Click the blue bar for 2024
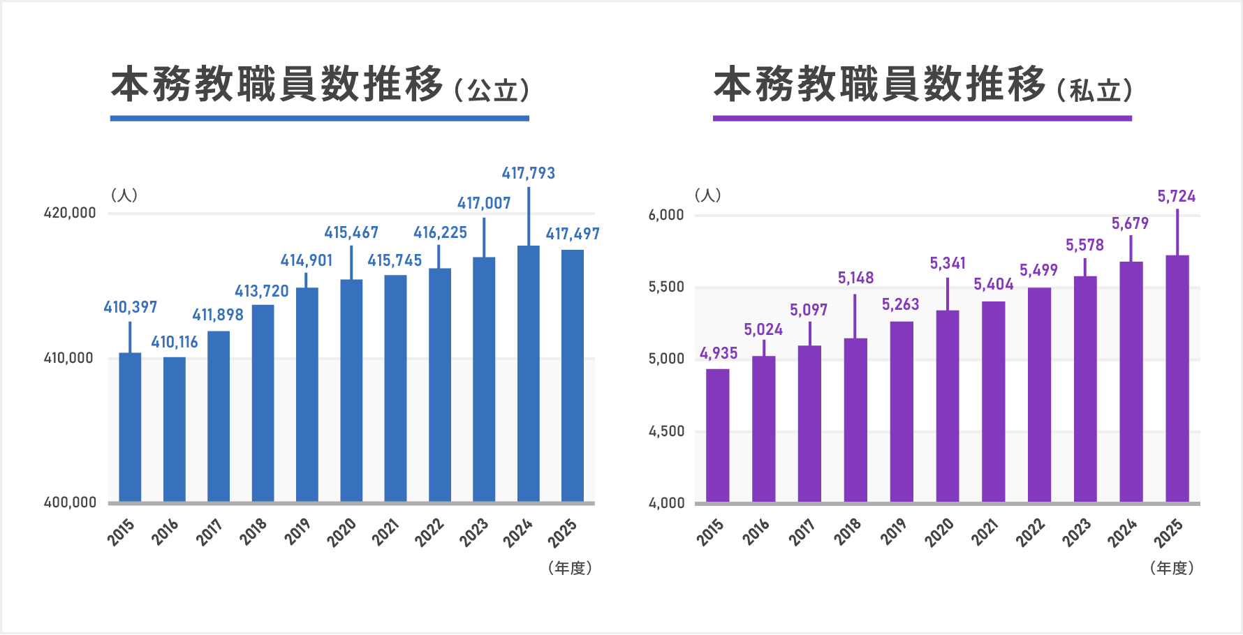pyautogui.click(x=528, y=373)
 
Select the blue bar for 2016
pyautogui.click(x=175, y=429)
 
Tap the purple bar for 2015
pyautogui.click(x=717, y=435)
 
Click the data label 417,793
pyautogui.click(x=528, y=173)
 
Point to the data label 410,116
pyautogui.click(x=175, y=342)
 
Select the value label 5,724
pyautogui.click(x=1176, y=197)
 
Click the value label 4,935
pyautogui.click(x=719, y=353)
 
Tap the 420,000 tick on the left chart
pyautogui.click(x=70, y=213)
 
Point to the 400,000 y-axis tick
pyautogui.click(x=70, y=502)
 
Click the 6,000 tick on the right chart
pyautogui.click(x=666, y=215)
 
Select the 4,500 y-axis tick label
pyautogui.click(x=666, y=431)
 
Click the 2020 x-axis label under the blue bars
pyautogui.click(x=341, y=532)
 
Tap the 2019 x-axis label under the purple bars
pyautogui.click(x=893, y=532)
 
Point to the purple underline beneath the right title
pyautogui.click(x=922, y=119)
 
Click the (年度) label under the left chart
pyautogui.click(x=570, y=568)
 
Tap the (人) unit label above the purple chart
pyautogui.click(x=707, y=195)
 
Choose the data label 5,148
pyautogui.click(x=855, y=278)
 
